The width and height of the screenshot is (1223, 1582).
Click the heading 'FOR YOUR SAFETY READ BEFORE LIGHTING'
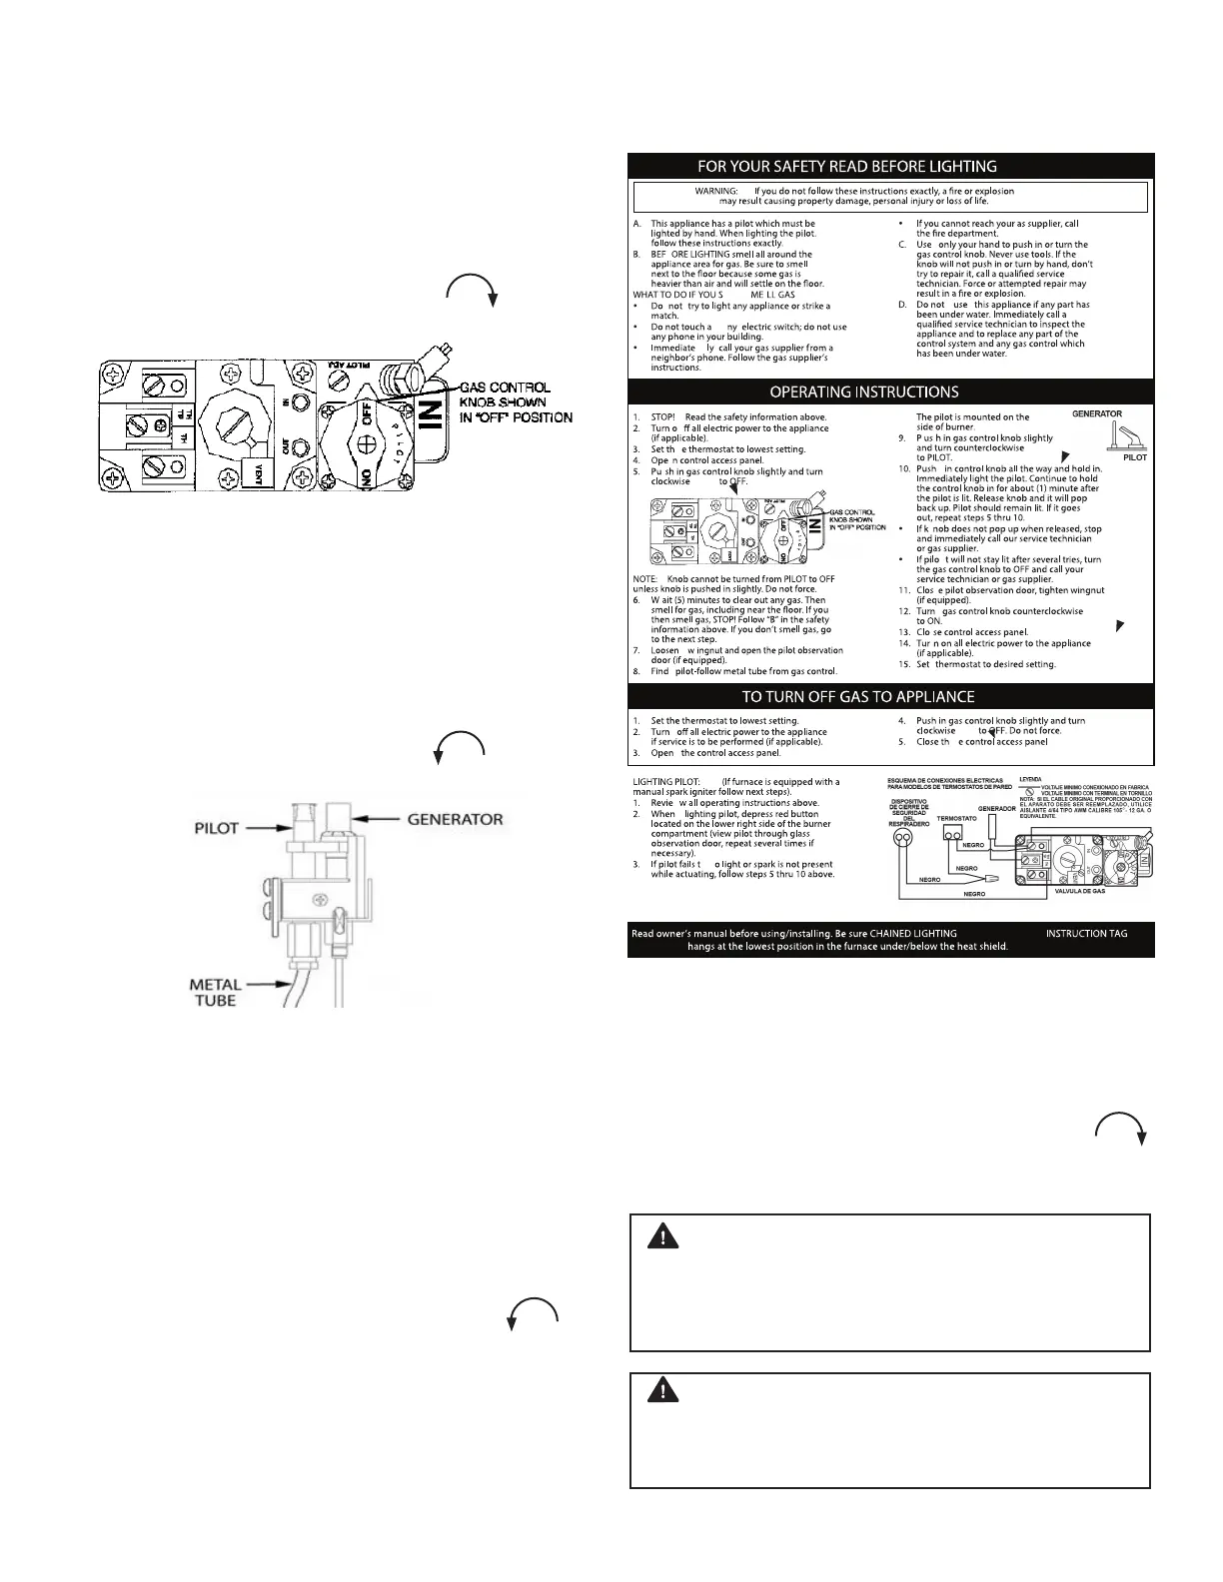(846, 166)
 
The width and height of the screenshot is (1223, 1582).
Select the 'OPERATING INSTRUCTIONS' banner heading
(864, 392)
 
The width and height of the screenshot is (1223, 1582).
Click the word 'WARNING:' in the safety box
(716, 191)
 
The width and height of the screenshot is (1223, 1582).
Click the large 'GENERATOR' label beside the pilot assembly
(455, 819)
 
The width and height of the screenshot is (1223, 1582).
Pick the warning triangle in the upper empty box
(659, 1236)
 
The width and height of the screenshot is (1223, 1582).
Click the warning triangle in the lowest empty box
(659, 1390)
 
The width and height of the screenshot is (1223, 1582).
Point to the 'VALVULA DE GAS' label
(1075, 890)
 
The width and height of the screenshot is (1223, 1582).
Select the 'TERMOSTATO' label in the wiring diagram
(956, 818)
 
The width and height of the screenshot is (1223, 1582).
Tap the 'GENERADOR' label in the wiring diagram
(996, 808)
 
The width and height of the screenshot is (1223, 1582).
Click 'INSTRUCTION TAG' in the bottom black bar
(1086, 933)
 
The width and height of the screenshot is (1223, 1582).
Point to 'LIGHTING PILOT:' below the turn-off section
(671, 782)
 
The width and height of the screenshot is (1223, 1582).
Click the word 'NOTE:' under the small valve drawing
(645, 578)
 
